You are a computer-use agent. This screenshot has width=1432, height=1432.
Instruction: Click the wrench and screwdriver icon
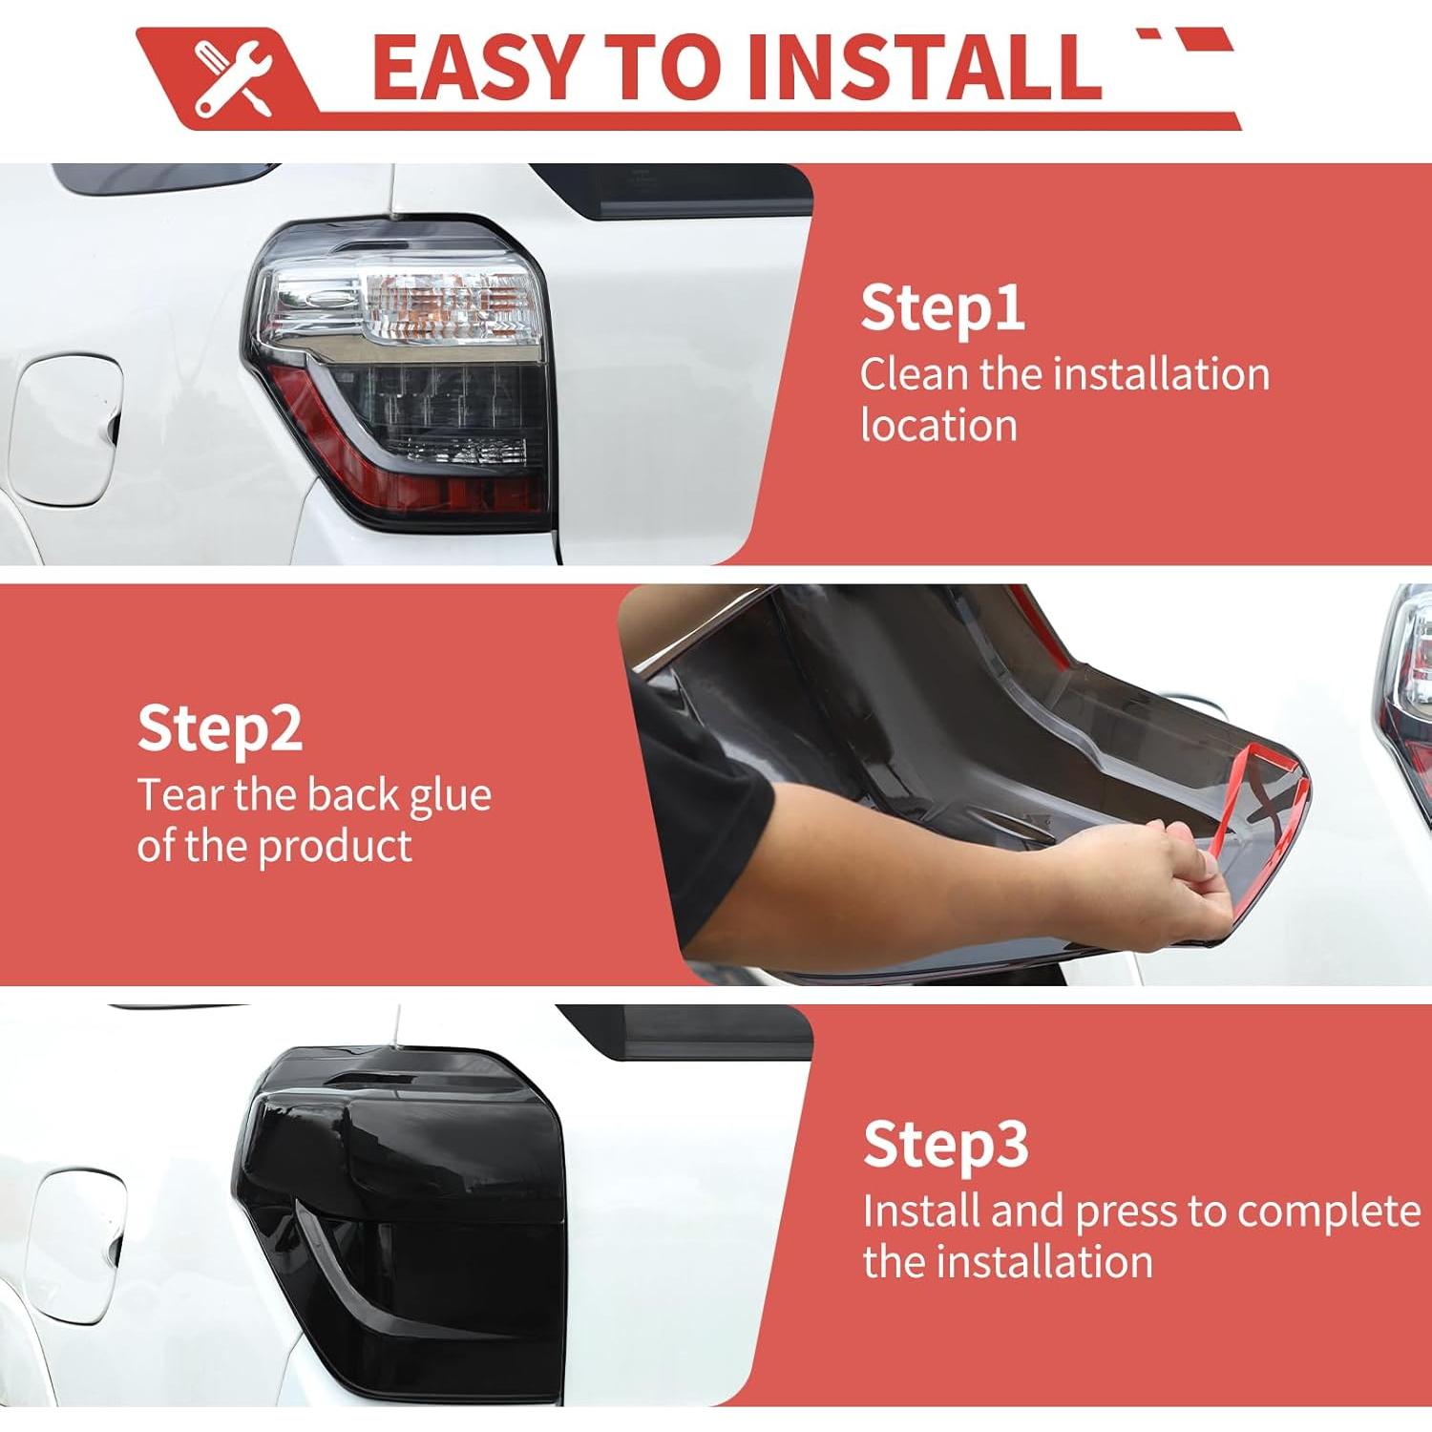coord(233,78)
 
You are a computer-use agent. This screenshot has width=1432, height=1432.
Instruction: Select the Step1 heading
coord(942,308)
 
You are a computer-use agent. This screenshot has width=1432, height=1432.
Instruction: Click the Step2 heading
coord(220,729)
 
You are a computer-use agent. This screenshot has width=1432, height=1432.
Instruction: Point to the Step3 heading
coord(945,1144)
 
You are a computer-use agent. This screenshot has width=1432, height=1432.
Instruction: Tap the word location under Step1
coord(938,426)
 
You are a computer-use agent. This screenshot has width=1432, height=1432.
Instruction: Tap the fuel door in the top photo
coord(66,431)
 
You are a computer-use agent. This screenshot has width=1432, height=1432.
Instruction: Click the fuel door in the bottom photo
coord(76,1245)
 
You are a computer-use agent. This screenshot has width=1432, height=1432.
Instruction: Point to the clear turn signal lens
coord(450,307)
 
